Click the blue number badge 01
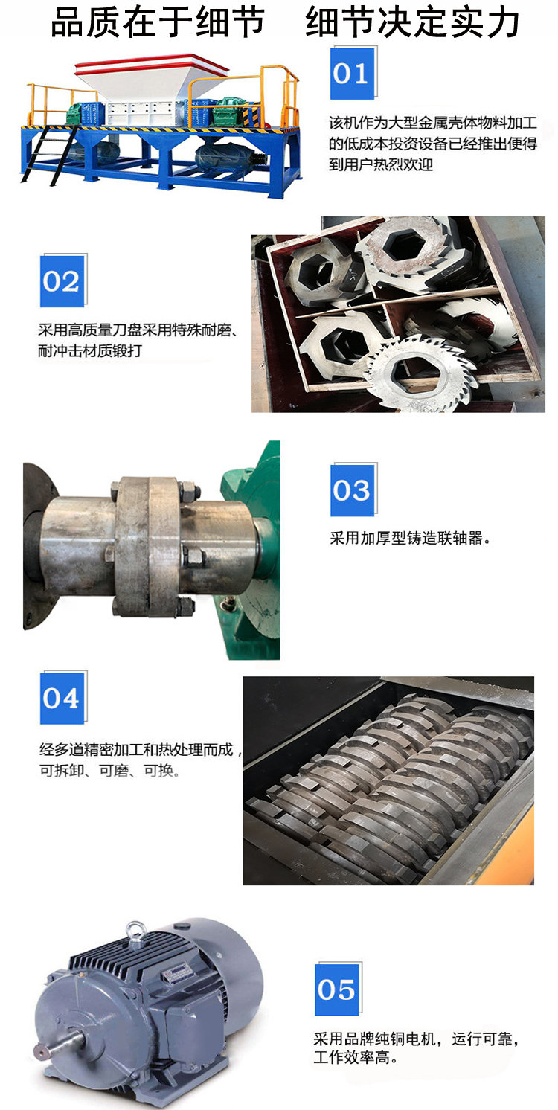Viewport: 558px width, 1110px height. (x=352, y=74)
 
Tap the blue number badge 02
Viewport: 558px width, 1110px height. (x=62, y=281)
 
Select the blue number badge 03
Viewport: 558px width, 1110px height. (x=353, y=490)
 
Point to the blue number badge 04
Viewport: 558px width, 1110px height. (x=62, y=698)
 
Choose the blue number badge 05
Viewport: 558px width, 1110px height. (x=337, y=989)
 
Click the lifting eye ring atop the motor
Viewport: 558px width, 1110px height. (x=135, y=931)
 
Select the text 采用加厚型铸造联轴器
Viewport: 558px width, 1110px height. (x=411, y=538)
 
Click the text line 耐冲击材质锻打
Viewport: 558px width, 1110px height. (x=90, y=351)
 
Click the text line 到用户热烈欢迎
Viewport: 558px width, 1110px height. (x=381, y=164)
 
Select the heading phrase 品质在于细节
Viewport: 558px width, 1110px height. (x=158, y=23)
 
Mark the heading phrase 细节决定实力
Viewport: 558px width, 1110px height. (x=412, y=23)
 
